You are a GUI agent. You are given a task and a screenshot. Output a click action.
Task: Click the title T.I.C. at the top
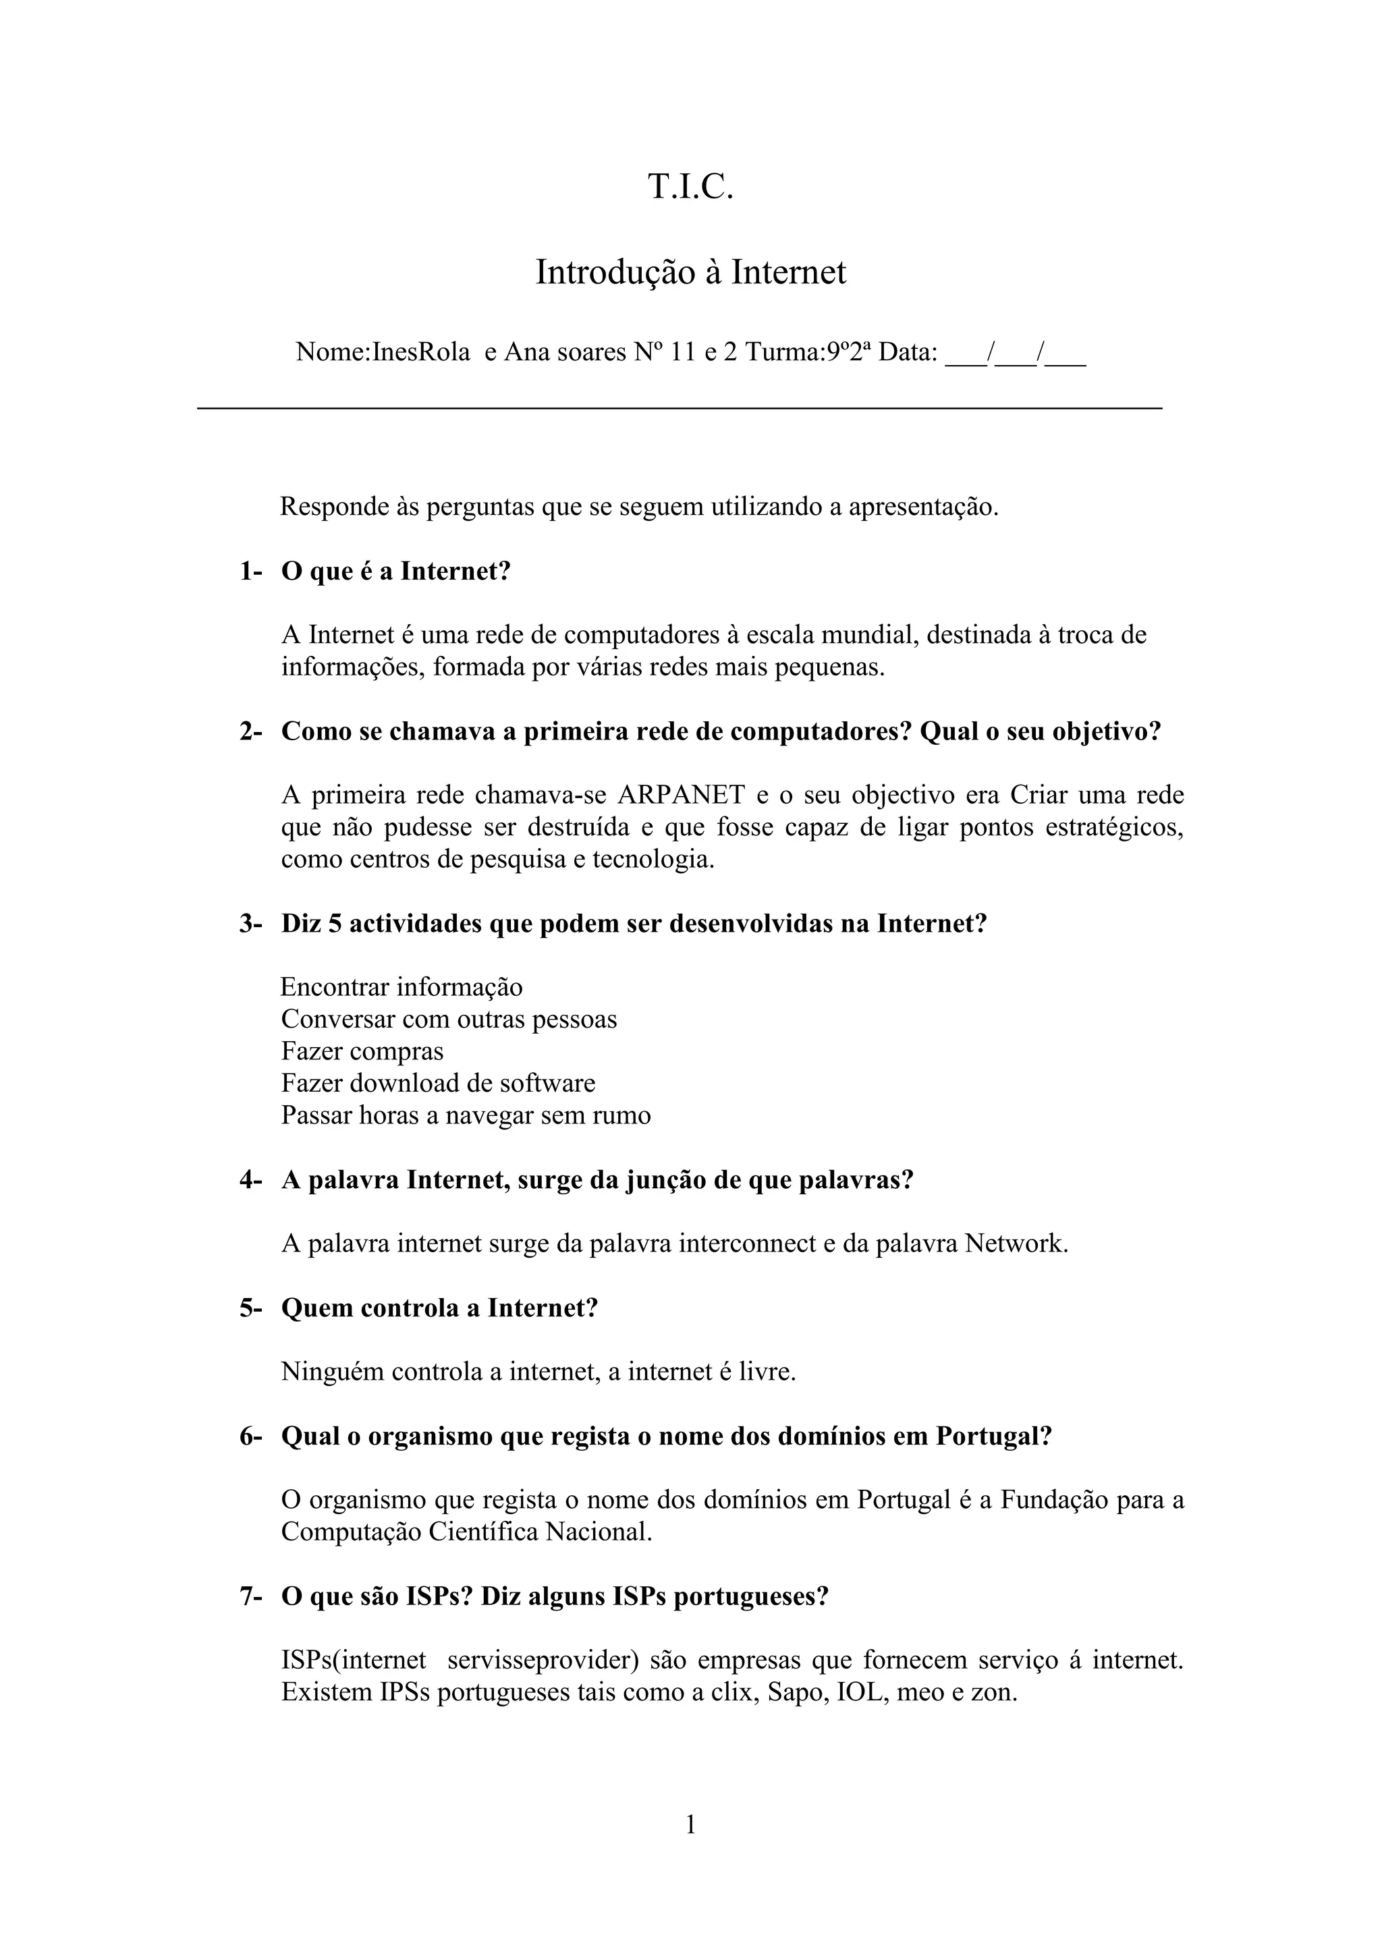point(690,187)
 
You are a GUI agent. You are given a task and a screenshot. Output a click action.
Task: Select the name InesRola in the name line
point(421,352)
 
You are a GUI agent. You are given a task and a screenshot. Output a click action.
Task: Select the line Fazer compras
point(362,1051)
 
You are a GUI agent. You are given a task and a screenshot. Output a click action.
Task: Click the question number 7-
point(250,1596)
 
